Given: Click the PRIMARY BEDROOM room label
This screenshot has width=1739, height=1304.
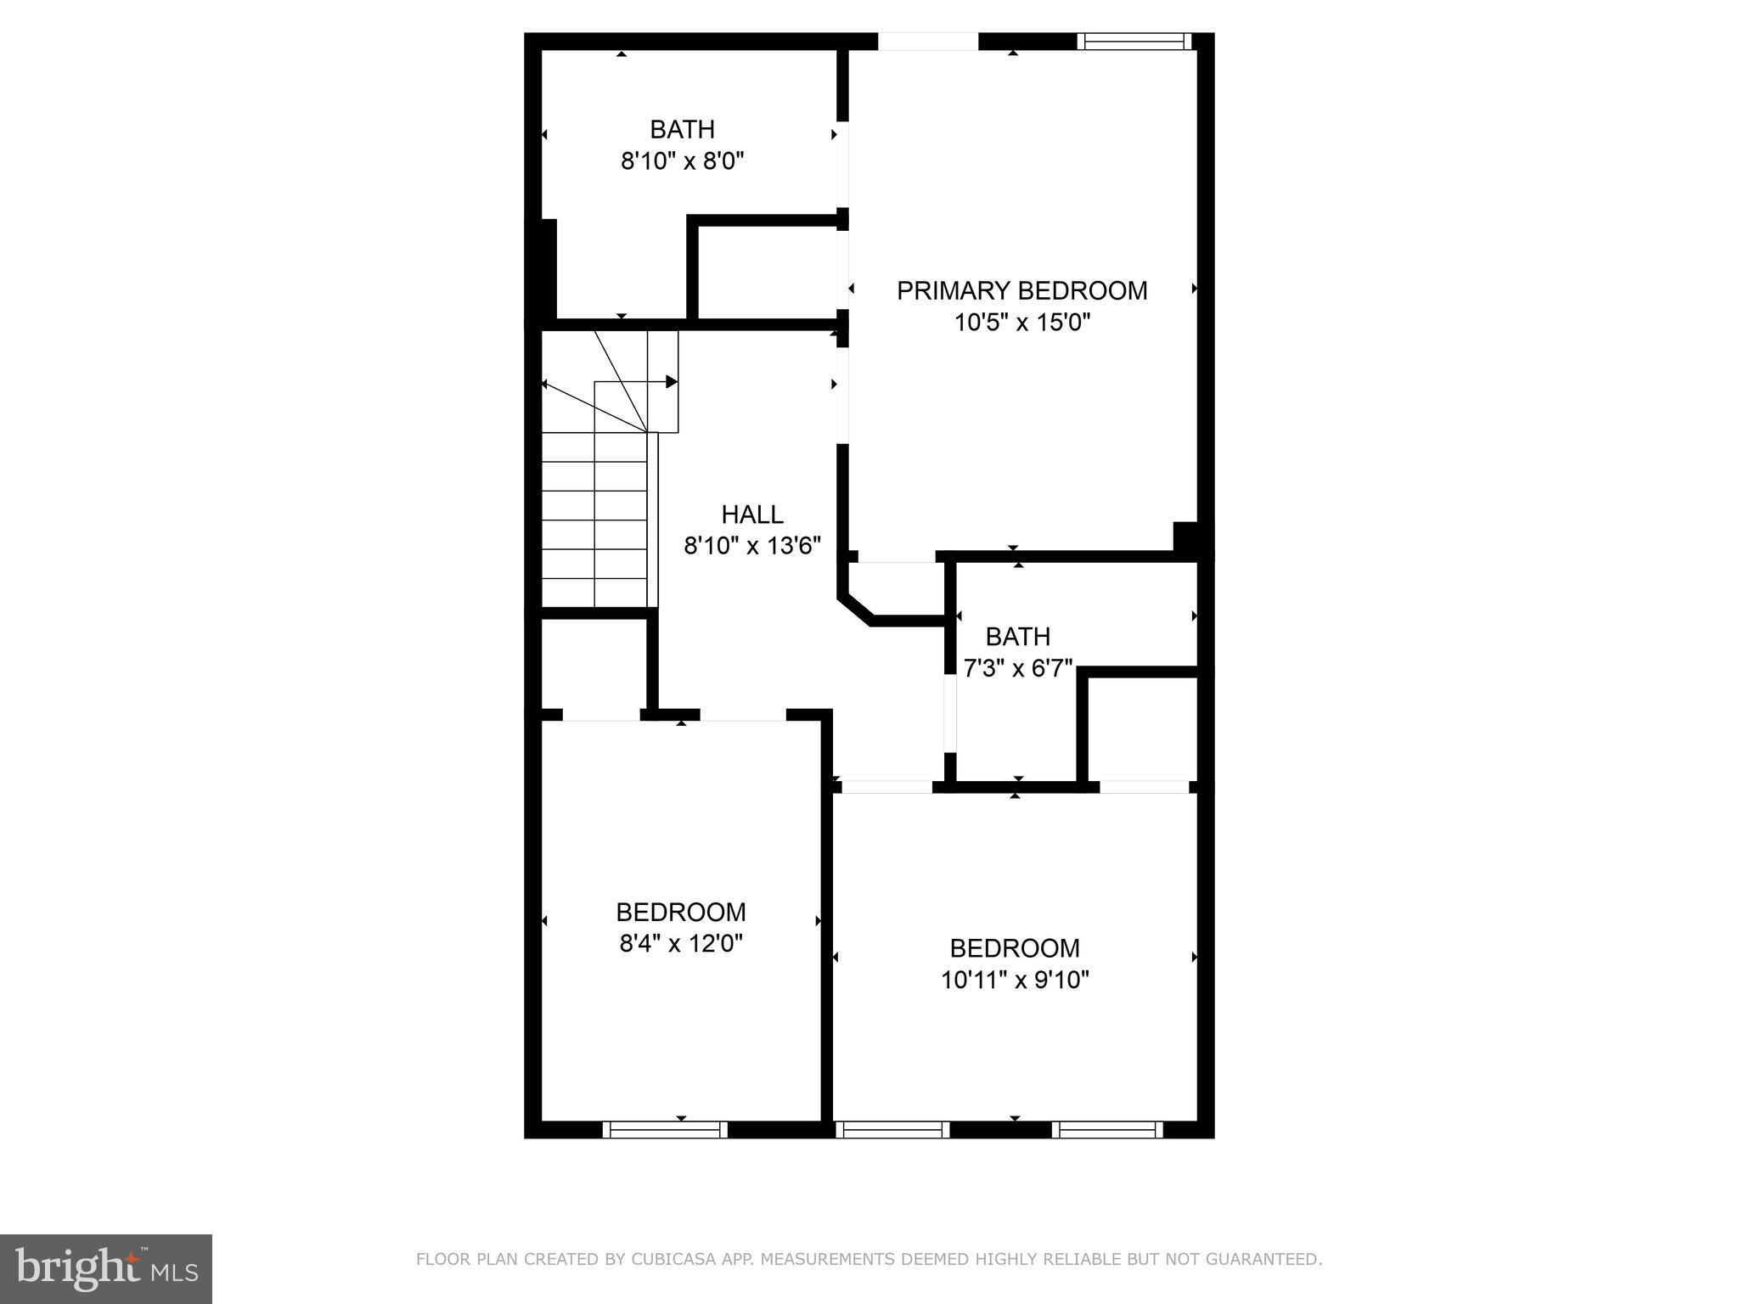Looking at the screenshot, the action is click(1021, 290).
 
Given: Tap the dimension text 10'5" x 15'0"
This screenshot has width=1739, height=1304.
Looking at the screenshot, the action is click(1021, 323).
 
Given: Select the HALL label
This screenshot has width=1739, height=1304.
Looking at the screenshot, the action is click(752, 514).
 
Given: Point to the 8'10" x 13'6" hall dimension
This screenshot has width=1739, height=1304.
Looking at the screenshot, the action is click(752, 546).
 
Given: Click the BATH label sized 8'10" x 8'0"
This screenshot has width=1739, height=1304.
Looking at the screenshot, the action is click(682, 130).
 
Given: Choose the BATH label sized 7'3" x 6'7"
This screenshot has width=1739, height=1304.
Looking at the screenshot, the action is click(1017, 637).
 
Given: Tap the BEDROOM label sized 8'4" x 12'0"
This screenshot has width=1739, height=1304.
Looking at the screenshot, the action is click(681, 912).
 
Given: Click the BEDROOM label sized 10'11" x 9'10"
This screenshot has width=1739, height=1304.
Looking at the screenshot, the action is click(1015, 948).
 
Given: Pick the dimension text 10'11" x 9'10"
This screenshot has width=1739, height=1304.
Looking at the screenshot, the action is click(1015, 981).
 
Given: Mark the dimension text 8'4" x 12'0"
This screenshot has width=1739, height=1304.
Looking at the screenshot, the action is click(681, 944).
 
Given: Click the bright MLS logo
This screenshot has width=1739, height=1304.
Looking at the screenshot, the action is click(106, 1269).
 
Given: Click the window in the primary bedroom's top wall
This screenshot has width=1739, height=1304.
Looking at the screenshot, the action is click(1134, 41).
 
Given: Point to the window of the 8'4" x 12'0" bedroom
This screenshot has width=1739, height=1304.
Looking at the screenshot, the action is click(665, 1129).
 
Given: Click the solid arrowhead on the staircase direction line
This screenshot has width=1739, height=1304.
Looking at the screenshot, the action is click(672, 382).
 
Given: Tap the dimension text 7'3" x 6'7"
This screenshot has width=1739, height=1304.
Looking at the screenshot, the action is click(1017, 668).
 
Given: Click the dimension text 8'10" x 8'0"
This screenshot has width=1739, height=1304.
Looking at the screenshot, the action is click(682, 161).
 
